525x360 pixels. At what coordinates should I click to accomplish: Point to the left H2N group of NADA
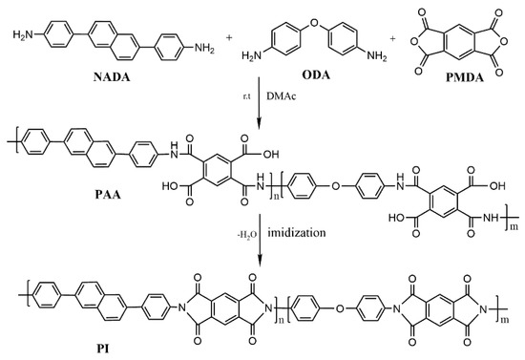19,36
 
